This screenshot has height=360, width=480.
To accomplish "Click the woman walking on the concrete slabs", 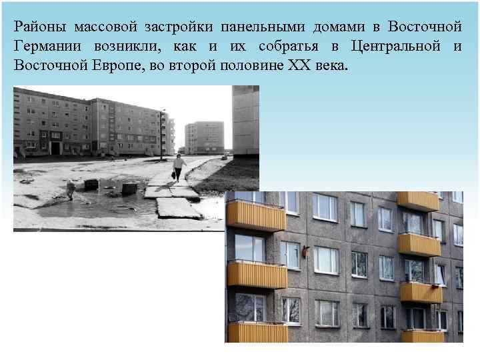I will coord(179,166).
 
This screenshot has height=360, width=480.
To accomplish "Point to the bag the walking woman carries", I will coord(173,175).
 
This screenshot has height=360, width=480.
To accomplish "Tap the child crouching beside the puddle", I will coord(70,190).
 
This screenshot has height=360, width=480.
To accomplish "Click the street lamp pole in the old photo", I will coord(161,134).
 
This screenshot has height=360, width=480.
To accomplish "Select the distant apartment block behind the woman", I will coord(205,137).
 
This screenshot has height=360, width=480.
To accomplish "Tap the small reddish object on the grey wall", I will coord(305,251).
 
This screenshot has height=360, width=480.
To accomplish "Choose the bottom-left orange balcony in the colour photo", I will coord(257,332).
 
